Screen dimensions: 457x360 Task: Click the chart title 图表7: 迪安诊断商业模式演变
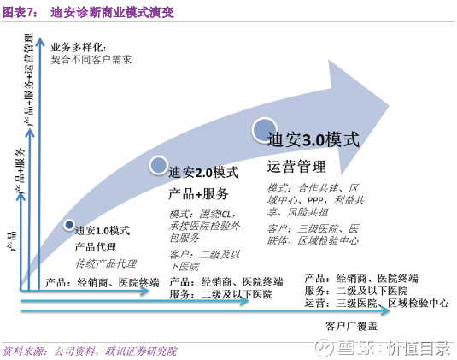tap(88, 12)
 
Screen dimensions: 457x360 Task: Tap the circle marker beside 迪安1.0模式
tap(69, 225)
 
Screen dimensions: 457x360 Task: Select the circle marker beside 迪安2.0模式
tap(158, 165)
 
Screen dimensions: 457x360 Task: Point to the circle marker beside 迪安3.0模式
tap(265, 130)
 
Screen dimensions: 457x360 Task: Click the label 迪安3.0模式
tap(313, 139)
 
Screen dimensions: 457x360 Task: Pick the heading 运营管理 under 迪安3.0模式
tap(296, 167)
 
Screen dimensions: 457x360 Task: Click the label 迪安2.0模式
tap(203, 173)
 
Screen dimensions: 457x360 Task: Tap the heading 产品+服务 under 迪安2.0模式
tap(198, 194)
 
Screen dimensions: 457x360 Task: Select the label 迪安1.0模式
tap(103, 231)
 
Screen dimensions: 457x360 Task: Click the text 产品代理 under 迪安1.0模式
tap(96, 247)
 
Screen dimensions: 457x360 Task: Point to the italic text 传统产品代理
tap(106, 263)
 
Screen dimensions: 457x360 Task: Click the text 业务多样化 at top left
tap(79, 47)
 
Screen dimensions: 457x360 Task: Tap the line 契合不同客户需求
tap(91, 60)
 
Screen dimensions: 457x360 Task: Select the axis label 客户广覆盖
tap(351, 326)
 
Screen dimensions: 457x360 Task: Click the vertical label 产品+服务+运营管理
tap(29, 80)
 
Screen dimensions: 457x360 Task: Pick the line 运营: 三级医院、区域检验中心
tap(377, 304)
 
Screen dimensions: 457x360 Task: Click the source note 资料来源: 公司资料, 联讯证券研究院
tap(90, 351)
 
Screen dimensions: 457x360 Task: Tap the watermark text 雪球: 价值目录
tap(383, 348)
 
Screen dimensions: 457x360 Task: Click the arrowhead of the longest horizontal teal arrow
tap(385, 311)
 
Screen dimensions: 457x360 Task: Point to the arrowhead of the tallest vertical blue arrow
tap(39, 41)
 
